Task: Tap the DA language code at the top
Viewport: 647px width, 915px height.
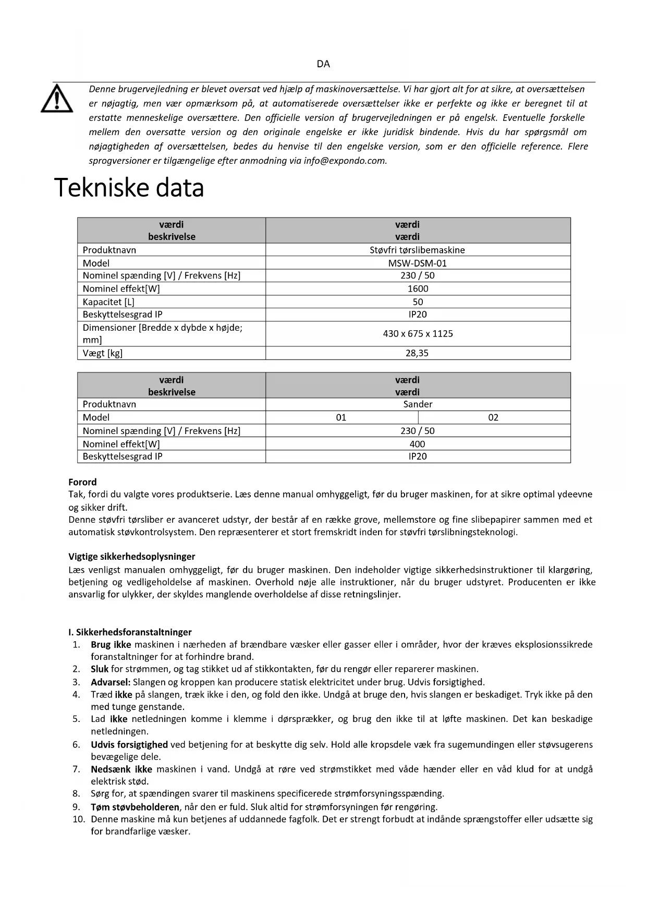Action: [323, 64]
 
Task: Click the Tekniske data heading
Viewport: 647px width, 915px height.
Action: [129, 188]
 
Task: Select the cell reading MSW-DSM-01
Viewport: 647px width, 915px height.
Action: [418, 263]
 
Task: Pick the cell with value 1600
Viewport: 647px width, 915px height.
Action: [418, 288]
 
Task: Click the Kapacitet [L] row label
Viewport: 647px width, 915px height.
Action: [108, 302]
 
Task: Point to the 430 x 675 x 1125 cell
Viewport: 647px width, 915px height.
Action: [418, 333]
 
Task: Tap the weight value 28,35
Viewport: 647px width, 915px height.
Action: [418, 353]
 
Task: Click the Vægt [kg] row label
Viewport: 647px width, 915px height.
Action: [103, 353]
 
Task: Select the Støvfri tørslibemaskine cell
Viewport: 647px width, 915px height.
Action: [418, 250]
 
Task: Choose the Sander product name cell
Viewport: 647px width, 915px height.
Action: [418, 404]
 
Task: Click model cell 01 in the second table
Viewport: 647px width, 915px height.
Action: [341, 417]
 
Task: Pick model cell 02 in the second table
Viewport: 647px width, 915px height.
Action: [493, 417]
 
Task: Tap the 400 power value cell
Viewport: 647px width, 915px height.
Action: [418, 444]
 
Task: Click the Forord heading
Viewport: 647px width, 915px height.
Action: [82, 482]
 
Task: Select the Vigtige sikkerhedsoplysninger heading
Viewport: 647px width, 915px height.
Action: [132, 557]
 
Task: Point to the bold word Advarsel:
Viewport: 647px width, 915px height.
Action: [111, 682]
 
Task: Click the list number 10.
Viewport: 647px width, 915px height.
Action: [79, 819]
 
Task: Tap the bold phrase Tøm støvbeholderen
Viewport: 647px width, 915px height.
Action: [135, 807]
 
